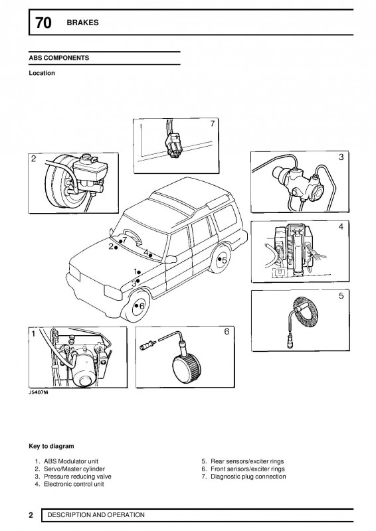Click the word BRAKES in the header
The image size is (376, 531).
[x=82, y=23]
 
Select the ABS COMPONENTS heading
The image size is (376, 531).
[x=59, y=58]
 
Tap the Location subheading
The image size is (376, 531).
[x=41, y=73]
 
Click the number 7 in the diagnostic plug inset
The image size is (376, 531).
[x=211, y=124]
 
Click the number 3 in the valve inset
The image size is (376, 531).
[x=341, y=157]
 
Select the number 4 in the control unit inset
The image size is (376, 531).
[x=341, y=227]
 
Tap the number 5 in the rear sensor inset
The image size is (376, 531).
[x=341, y=297]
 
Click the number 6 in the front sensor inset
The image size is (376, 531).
[x=226, y=332]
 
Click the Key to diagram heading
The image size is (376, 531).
[x=51, y=446]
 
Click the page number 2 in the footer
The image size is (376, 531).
[x=31, y=515]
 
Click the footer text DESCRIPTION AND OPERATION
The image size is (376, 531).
[x=96, y=515]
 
